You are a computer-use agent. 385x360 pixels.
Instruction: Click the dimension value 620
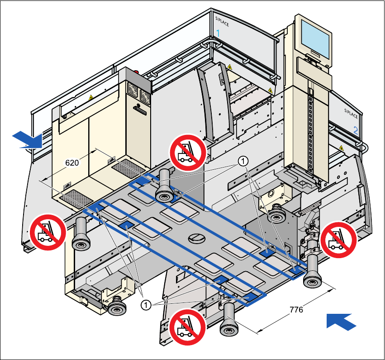coord(72,163)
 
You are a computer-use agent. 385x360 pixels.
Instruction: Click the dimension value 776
coord(296,310)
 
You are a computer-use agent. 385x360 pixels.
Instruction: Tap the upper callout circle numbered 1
coord(243,162)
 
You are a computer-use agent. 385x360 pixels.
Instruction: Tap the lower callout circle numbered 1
coord(146,305)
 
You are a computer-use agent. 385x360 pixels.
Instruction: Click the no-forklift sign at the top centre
coord(188,152)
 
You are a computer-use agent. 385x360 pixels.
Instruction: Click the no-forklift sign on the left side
coord(48,232)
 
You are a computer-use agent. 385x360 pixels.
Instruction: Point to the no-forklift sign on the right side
coord(338,240)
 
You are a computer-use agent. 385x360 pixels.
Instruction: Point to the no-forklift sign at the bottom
coord(188,327)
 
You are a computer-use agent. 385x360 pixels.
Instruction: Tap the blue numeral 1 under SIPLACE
coord(218,33)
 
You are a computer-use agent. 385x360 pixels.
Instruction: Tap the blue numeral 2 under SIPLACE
coord(356,130)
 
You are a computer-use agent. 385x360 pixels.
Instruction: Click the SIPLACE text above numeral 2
coord(351,114)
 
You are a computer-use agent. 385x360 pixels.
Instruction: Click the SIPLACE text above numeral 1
coord(222,21)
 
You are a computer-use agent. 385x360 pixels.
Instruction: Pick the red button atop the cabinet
coord(136,72)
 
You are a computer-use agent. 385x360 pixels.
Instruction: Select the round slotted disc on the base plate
coord(196,238)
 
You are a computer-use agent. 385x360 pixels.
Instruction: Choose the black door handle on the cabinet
coord(140,110)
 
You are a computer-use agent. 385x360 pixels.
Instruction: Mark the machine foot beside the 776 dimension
coord(229,319)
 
